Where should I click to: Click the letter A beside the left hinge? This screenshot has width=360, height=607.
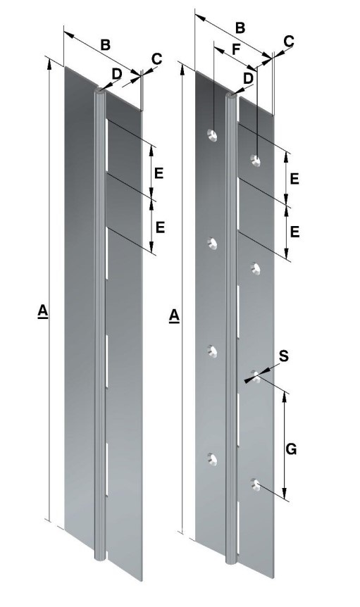point(43,311)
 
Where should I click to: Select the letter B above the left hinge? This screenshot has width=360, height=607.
point(104,44)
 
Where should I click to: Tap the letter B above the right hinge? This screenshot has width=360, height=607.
point(240,28)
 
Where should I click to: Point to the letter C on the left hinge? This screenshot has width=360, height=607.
point(156,58)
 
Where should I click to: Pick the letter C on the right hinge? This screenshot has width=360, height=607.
point(288,42)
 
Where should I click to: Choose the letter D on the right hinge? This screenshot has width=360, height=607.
point(248,77)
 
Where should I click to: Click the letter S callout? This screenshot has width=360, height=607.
point(283,356)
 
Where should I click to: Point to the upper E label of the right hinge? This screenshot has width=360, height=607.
point(294,178)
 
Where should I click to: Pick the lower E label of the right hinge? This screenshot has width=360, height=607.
point(294,231)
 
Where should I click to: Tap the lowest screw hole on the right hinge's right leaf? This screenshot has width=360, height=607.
point(256,484)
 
